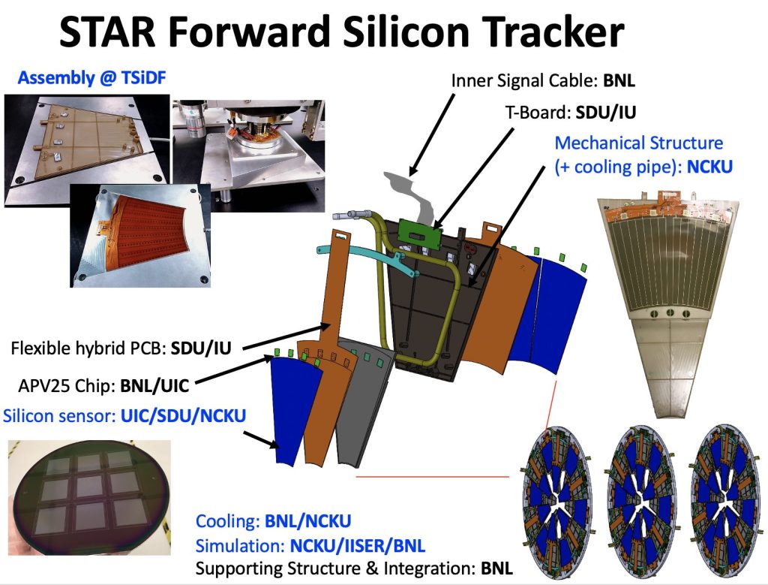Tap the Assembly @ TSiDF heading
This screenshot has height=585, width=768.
(x=91, y=77)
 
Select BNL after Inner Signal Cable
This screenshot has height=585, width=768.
(x=619, y=80)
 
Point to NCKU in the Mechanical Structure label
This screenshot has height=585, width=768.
(x=709, y=167)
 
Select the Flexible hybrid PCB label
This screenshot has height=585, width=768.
(x=121, y=348)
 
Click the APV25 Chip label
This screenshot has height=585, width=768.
(x=103, y=386)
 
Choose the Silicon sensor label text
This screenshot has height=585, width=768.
(x=124, y=416)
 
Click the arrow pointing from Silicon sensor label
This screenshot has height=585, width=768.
(x=261, y=439)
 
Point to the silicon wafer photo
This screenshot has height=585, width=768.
(x=89, y=497)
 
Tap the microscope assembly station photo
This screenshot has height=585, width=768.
(x=249, y=156)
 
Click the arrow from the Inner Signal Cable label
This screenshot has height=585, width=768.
(x=432, y=135)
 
